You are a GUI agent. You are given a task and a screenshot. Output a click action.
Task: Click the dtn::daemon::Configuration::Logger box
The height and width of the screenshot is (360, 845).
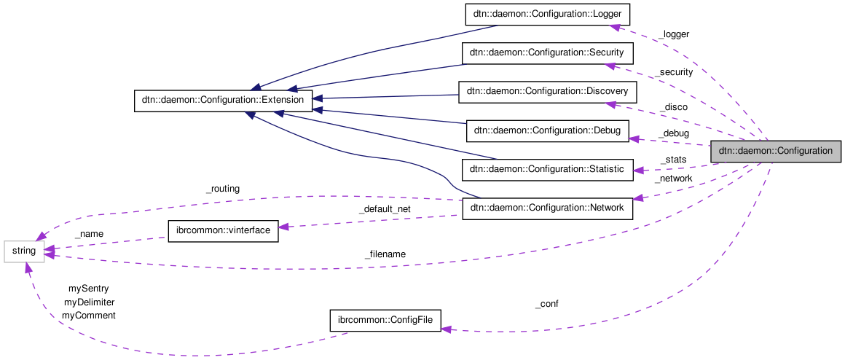(547, 15)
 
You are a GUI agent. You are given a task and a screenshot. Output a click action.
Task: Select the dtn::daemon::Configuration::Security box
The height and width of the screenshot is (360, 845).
(547, 53)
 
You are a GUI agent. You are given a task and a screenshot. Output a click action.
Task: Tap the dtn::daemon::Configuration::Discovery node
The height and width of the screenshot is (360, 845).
(547, 92)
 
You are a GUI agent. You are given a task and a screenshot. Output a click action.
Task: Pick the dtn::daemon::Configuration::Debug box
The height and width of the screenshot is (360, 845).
(547, 131)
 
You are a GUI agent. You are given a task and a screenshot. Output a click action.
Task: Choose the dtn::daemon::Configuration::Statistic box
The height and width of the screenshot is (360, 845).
(547, 169)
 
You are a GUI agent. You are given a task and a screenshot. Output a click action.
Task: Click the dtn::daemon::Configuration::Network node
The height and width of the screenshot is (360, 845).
(547, 208)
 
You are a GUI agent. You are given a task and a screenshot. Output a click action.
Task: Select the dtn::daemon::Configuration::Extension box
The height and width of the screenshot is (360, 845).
(224, 101)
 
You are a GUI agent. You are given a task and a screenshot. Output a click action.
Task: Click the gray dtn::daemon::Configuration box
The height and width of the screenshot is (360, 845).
(775, 151)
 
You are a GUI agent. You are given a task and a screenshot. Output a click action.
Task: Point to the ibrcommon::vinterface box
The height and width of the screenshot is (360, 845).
(223, 231)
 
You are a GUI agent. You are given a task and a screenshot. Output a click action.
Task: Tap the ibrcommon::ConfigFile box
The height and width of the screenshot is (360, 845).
(385, 321)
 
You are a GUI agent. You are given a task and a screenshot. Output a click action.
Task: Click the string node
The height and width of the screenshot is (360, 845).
(24, 251)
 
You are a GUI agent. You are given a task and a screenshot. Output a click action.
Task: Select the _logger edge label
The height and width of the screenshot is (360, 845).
(673, 34)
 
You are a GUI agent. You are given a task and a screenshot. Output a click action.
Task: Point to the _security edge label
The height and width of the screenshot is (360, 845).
(673, 72)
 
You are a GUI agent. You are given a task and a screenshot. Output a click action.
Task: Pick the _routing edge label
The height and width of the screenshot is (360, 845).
(222, 189)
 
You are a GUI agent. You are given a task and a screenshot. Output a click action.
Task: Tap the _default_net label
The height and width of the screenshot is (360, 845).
(384, 209)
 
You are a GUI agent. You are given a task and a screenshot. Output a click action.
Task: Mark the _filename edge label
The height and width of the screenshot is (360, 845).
(385, 254)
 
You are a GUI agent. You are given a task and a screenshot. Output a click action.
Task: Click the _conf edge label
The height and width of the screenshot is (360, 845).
(546, 304)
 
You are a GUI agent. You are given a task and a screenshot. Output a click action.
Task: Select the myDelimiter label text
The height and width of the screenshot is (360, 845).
(89, 302)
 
